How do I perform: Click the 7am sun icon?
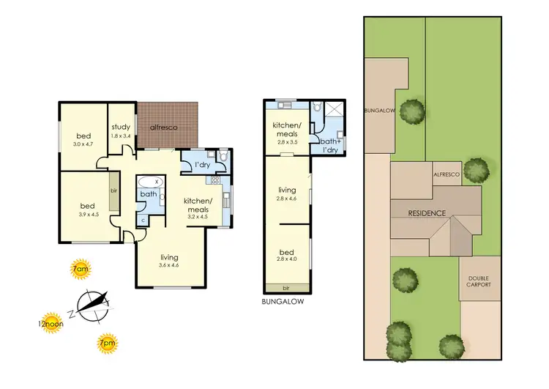click(81, 270)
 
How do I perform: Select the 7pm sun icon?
click(107, 342)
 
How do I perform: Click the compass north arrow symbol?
click(91, 304)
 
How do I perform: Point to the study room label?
click(121, 127)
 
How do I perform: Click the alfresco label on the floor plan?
click(162, 127)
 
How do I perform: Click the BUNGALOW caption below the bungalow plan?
click(282, 301)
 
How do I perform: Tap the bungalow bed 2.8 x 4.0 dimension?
click(287, 258)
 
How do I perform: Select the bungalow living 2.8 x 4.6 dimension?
click(287, 199)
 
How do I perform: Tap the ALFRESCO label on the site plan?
click(446, 175)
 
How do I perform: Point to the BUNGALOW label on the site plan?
click(380, 111)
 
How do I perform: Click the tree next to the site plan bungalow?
click(414, 112)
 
